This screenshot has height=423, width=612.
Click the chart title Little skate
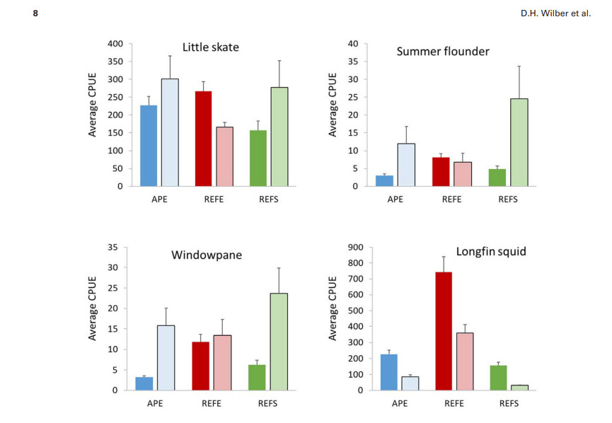click(x=210, y=48)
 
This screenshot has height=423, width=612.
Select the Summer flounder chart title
click(x=443, y=51)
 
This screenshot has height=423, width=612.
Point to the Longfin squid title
click(x=490, y=251)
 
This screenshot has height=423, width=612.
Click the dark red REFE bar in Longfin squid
click(x=444, y=330)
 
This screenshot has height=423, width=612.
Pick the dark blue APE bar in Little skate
click(x=149, y=146)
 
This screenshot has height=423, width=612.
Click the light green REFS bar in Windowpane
click(x=279, y=342)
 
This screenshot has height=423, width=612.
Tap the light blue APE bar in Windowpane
click(x=166, y=357)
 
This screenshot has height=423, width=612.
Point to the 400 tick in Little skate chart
click(x=115, y=44)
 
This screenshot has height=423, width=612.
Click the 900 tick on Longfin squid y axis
click(x=355, y=247)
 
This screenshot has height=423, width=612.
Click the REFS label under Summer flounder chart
click(x=507, y=199)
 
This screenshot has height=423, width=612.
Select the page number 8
click(x=35, y=14)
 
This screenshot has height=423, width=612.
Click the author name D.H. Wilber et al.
click(x=561, y=14)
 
